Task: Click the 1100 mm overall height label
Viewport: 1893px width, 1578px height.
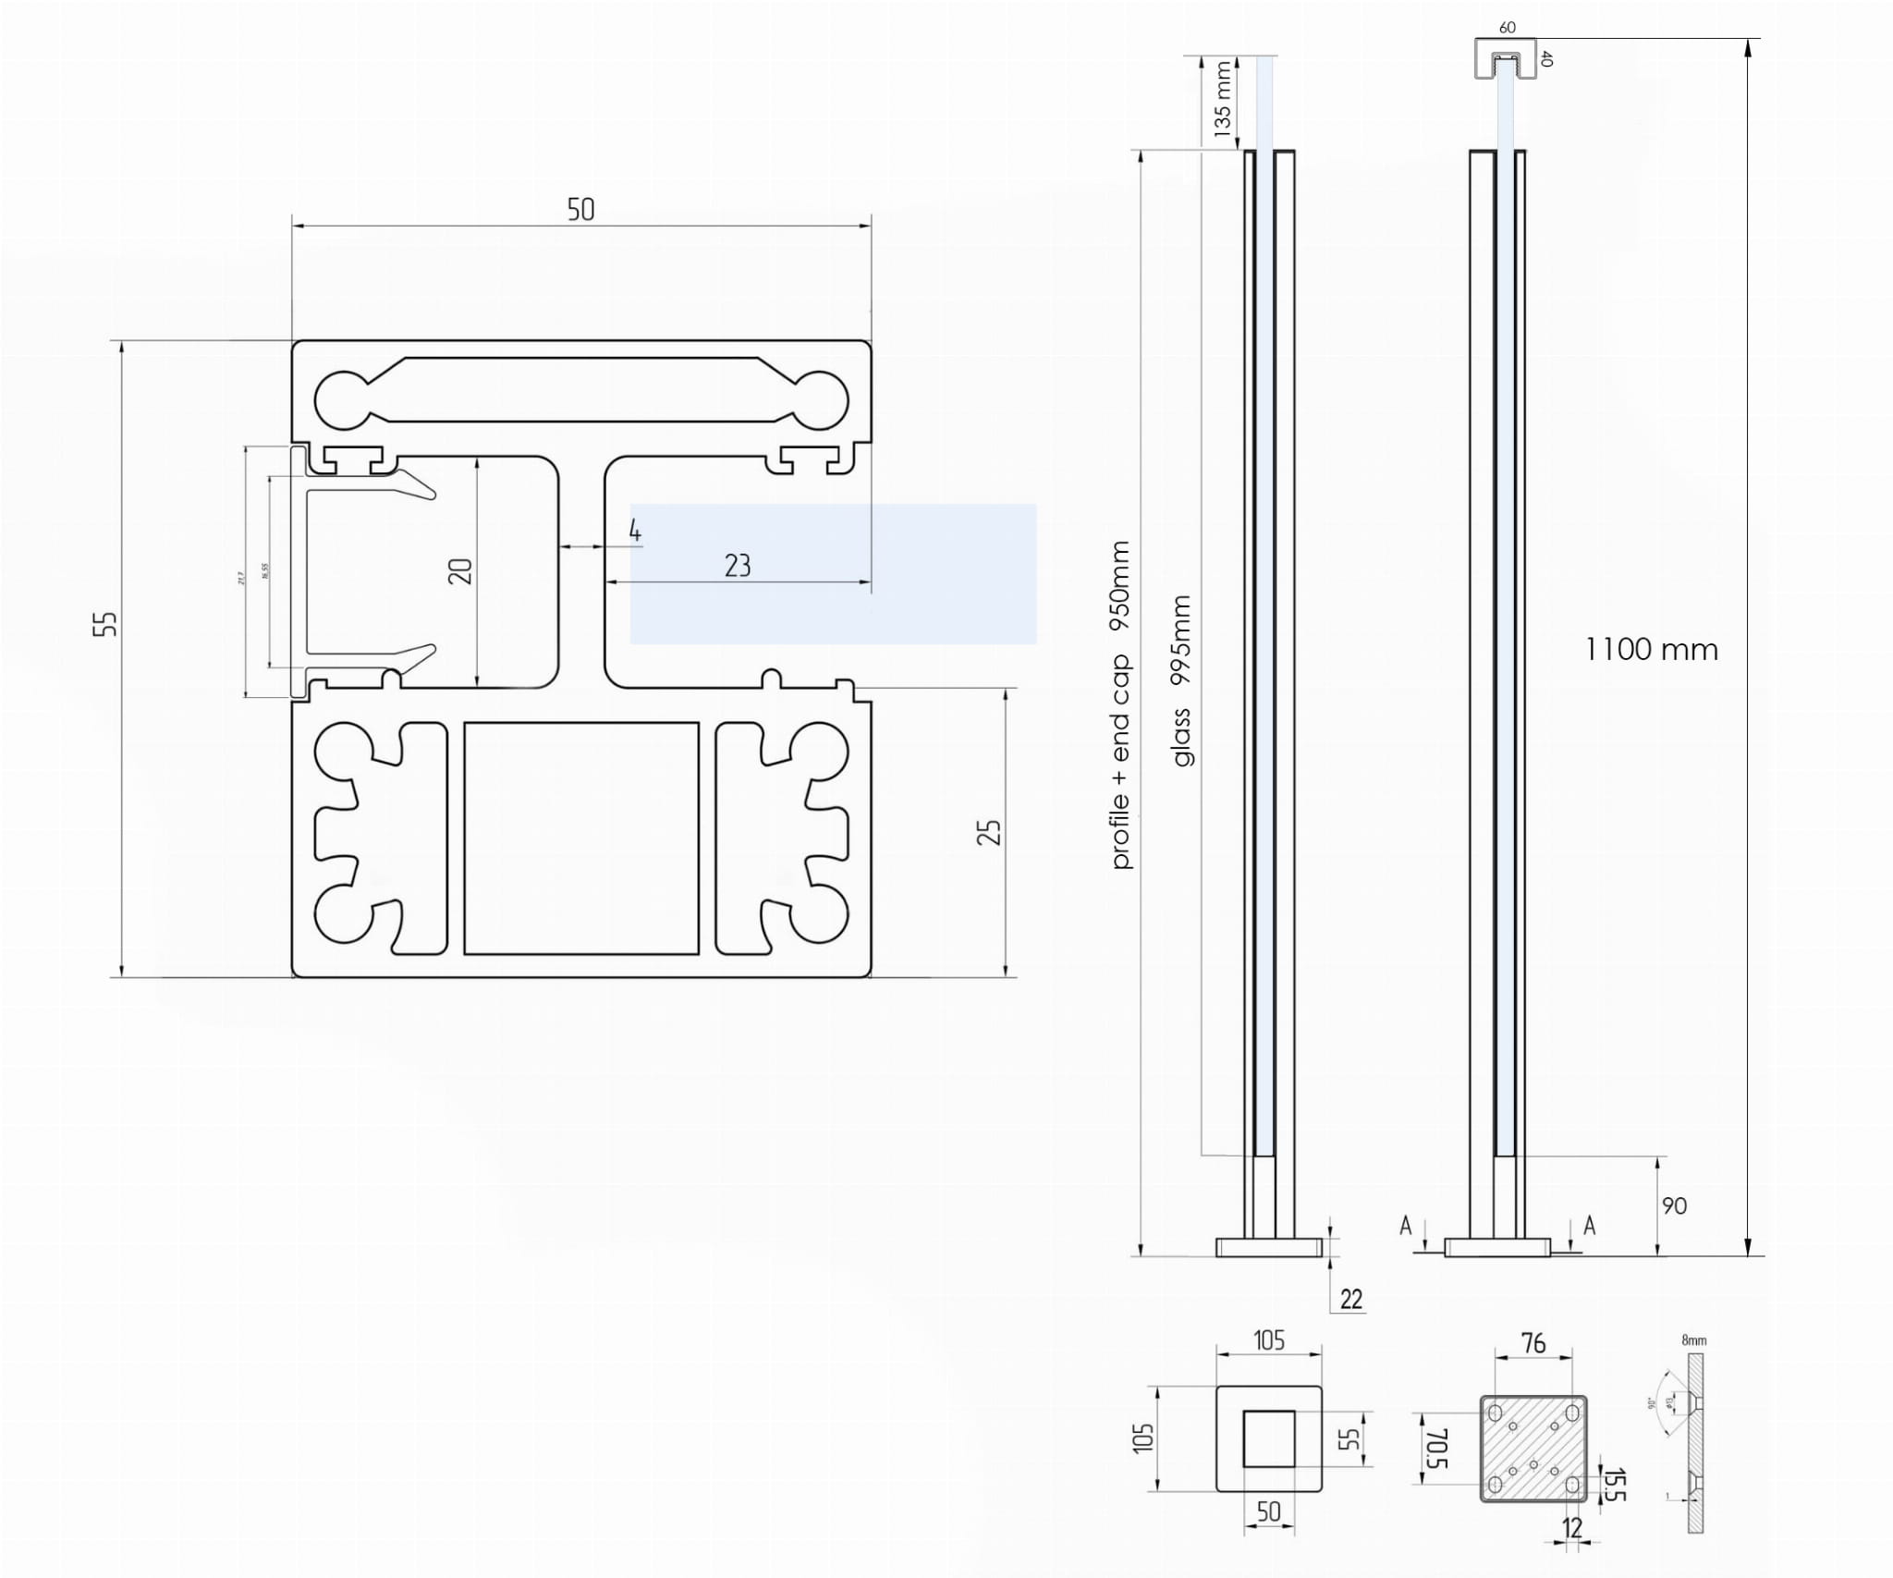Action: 1651,650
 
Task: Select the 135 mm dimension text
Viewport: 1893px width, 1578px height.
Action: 1223,99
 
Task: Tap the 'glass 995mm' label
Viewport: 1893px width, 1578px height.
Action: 1181,680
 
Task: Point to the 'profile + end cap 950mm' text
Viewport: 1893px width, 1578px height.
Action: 1120,704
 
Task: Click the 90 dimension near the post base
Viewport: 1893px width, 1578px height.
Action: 1674,1205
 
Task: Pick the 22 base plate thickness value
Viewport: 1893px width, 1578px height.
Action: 1351,1299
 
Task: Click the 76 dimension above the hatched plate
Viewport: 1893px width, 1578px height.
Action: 1533,1343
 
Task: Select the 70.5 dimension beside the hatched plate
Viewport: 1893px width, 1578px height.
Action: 1436,1448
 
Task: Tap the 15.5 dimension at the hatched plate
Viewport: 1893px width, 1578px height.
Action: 1614,1485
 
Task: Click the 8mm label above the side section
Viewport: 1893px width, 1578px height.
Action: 1693,1339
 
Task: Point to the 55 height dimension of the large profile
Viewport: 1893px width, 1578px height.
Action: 106,623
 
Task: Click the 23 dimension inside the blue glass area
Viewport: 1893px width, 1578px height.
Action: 738,566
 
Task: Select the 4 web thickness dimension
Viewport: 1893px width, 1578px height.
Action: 634,531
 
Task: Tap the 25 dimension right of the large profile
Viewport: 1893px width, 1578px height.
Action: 989,832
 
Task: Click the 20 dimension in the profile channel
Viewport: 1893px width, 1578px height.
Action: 460,571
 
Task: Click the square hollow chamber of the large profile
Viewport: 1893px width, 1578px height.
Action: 580,838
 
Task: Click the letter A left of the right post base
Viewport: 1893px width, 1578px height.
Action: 1406,1226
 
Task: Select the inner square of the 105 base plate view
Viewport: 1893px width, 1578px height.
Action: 1268,1438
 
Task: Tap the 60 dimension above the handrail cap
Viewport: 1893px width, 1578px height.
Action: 1507,28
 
